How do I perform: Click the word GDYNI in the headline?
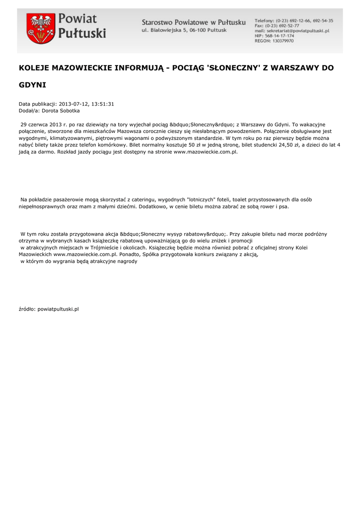pos(32,85)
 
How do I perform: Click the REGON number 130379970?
pos(281,41)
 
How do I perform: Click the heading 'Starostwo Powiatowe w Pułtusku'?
pos(194,22)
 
